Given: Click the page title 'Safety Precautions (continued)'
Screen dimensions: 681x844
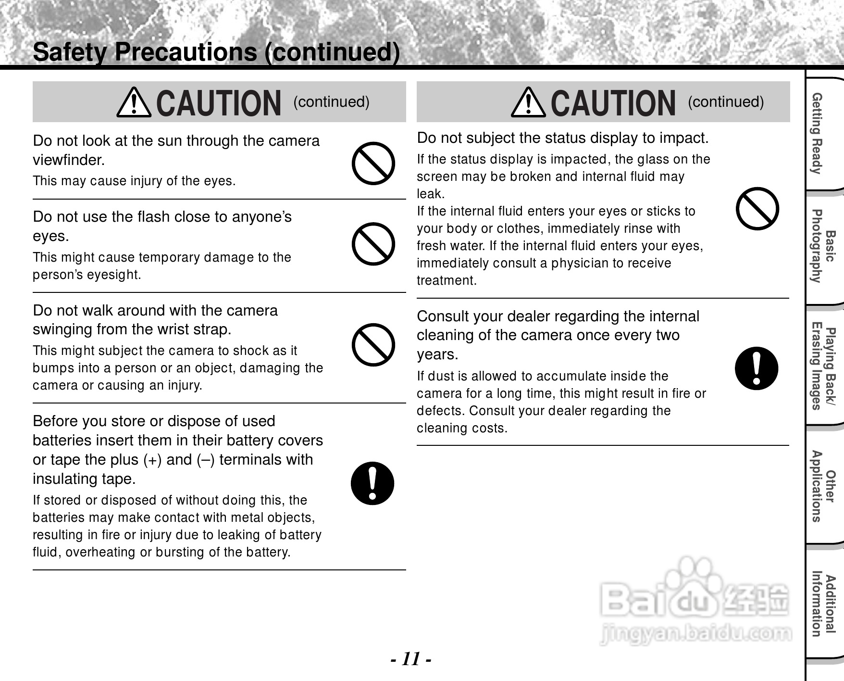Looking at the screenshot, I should pos(216,52).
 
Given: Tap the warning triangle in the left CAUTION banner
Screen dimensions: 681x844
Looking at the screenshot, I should pos(134,102).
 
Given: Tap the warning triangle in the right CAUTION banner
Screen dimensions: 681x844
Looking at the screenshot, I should pos(528,102).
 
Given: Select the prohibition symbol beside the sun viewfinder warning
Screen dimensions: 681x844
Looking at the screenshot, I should pos(373,164).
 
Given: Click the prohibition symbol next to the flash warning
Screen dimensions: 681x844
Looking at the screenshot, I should pos(373,244).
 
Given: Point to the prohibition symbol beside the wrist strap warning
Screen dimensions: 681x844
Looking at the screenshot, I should pos(373,345).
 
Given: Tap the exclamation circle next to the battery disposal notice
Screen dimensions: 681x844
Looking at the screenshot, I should pos(372,483).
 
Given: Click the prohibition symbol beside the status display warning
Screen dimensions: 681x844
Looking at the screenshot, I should pos(757,209).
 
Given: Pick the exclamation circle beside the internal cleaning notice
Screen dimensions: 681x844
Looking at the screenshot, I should pos(757,368).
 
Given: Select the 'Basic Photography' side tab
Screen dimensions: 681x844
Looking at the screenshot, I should pos(823,246).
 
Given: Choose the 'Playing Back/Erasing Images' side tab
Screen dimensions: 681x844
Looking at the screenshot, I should pos(823,368).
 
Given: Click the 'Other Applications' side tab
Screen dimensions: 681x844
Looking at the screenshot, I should pos(823,486).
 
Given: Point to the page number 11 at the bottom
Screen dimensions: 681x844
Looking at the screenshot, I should pos(411,658).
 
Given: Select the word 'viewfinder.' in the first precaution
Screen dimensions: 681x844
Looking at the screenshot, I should pos(69,160).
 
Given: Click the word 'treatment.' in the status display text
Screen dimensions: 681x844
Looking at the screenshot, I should pos(447,280).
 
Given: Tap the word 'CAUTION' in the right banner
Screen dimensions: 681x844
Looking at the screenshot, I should pos(613,103).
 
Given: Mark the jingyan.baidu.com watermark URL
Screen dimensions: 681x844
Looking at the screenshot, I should pos(695,634).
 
